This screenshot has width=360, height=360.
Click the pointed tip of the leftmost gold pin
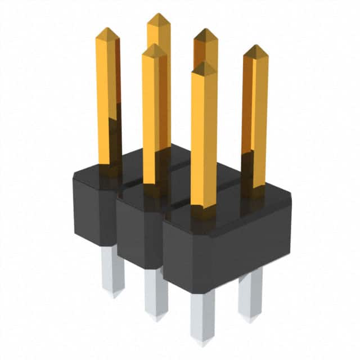(107, 29)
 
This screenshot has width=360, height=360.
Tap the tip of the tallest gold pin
(159, 16)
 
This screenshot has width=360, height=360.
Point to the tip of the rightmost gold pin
(256, 47)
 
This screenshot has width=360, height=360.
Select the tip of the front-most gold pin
(204, 64)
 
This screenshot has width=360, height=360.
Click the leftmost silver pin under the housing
(112, 270)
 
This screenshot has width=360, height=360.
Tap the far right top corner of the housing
(289, 194)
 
